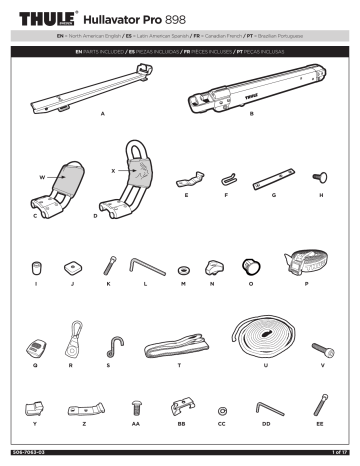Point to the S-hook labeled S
[x=107, y=346]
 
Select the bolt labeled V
[x=323, y=349]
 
